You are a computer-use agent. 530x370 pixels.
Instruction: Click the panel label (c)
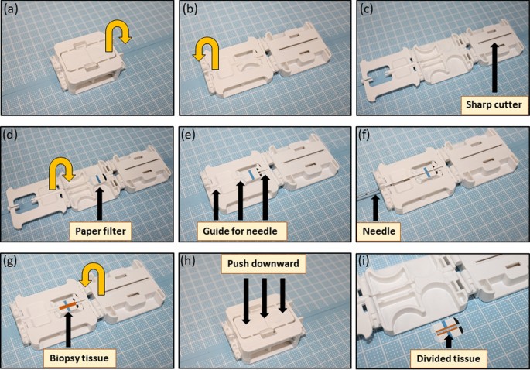370,11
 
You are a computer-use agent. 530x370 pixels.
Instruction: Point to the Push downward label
263,264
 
